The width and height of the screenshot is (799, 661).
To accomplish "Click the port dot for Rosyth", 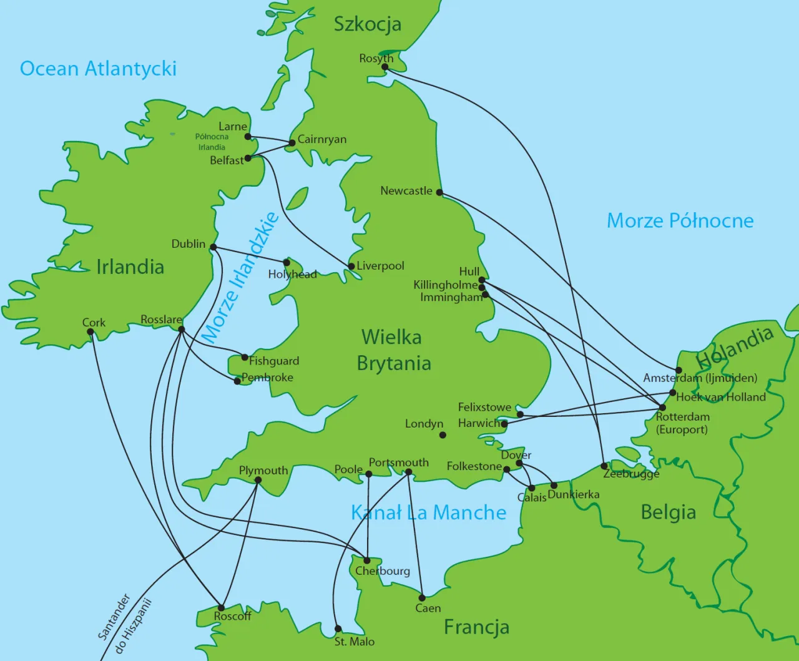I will [x=386, y=67].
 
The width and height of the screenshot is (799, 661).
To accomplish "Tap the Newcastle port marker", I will [x=439, y=192].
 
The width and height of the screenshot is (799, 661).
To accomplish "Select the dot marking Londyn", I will [x=443, y=435].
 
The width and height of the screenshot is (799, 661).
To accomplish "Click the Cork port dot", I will [x=91, y=332].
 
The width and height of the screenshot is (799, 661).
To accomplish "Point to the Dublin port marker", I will [x=213, y=247].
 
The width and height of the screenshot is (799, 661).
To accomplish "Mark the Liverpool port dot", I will [x=351, y=267].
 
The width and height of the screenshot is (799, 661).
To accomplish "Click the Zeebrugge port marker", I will [x=604, y=466].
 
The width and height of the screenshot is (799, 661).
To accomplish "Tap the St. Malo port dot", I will [x=338, y=629].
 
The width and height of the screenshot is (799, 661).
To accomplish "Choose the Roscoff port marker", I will [x=221, y=607].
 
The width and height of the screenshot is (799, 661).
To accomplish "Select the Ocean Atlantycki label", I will [x=98, y=68].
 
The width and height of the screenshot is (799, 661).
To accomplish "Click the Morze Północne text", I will [x=680, y=220].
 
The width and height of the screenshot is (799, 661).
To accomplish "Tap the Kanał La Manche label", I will [x=428, y=512].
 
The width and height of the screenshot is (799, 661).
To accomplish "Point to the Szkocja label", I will [x=367, y=24].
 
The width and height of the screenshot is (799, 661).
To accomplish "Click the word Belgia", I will [x=668, y=512].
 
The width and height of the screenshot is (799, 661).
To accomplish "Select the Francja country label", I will [x=476, y=627].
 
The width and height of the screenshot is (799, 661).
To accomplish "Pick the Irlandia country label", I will [x=130, y=267].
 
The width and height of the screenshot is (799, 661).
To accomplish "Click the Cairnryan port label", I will [x=321, y=139].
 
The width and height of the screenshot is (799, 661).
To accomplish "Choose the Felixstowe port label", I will [x=484, y=407].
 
